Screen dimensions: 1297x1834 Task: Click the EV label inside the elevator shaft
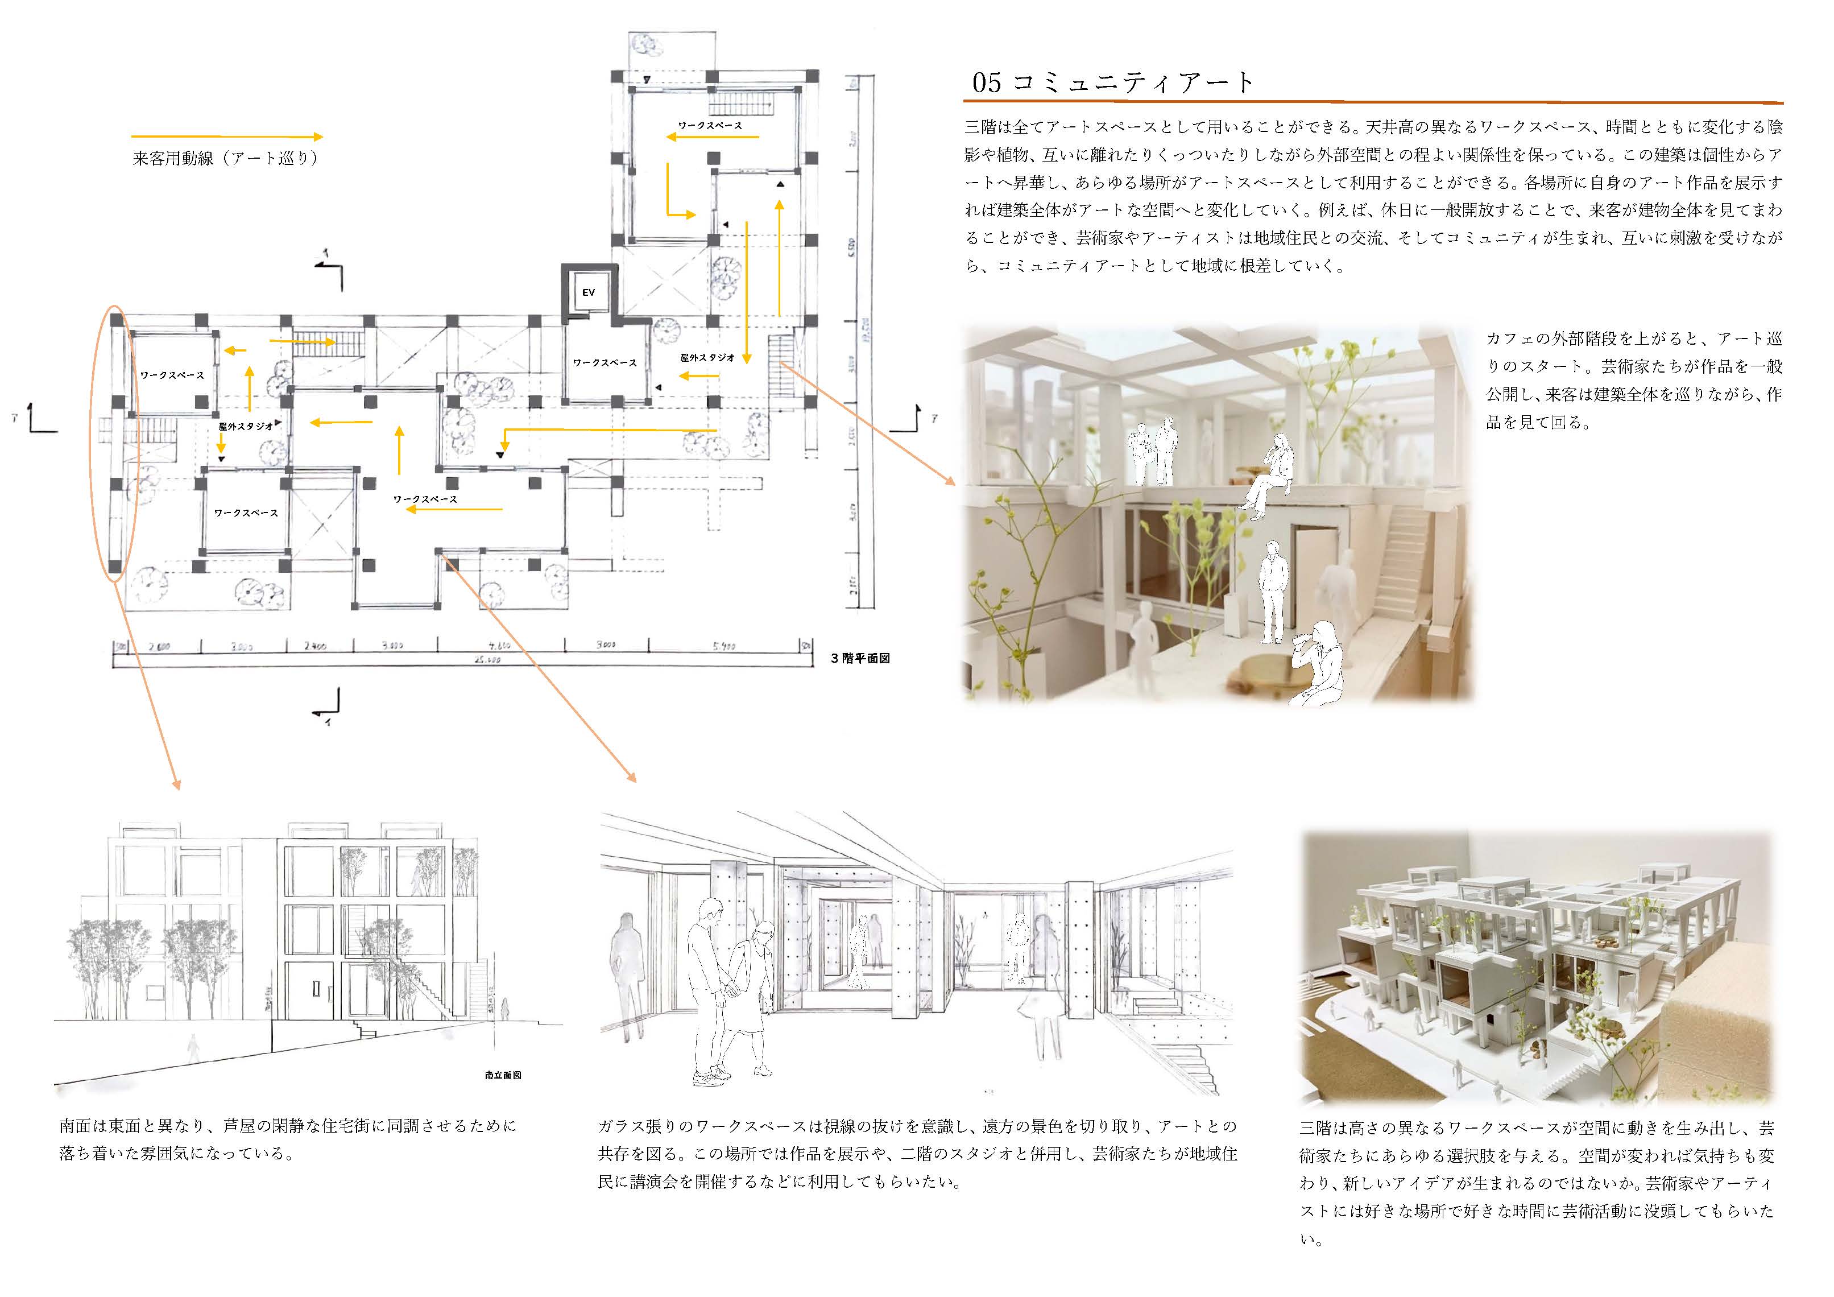[588, 292]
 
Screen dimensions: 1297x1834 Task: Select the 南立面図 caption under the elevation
[503, 1076]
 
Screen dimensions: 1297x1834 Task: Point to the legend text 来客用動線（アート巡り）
[226, 158]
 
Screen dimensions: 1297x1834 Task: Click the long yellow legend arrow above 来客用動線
[226, 137]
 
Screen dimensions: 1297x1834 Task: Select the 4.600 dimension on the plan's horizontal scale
[499, 645]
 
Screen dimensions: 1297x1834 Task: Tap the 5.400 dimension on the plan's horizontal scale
[724, 646]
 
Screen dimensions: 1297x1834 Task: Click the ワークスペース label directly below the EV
[605, 363]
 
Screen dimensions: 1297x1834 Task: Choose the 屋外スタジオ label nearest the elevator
[707, 357]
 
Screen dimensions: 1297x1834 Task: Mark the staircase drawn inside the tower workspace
[743, 104]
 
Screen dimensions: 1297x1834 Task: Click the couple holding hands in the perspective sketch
[731, 991]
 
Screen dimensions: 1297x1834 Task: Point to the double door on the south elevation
[316, 989]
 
